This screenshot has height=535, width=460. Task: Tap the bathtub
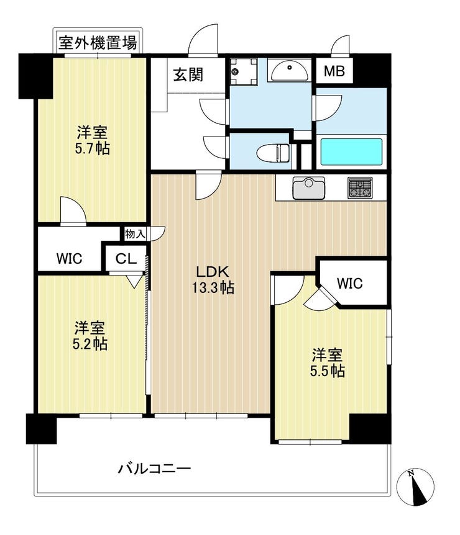[x=351, y=152]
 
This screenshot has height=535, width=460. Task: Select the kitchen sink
[x=308, y=188]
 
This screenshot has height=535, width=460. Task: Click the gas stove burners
[x=360, y=187]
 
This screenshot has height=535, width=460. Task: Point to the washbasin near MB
[x=290, y=71]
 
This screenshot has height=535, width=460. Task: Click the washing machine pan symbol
[x=243, y=71]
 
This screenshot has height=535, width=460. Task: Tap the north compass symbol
[x=415, y=487]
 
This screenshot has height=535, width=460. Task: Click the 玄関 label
[x=188, y=74]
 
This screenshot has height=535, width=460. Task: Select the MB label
[x=334, y=71]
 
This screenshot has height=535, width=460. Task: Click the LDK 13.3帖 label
[x=213, y=280]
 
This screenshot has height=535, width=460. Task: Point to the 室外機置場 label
[x=98, y=43]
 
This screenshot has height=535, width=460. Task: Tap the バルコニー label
[x=154, y=469]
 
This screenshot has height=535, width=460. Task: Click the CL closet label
[x=126, y=259]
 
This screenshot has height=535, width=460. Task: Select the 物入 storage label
[x=136, y=234]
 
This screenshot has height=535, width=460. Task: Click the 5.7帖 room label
[x=92, y=140]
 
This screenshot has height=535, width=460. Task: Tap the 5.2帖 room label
[x=90, y=336]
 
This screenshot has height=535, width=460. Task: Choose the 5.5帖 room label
[x=327, y=362]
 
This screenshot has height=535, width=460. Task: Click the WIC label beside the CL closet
[x=69, y=258]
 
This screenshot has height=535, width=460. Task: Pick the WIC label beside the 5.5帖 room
[x=349, y=283]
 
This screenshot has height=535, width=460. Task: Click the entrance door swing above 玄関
[x=203, y=40]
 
